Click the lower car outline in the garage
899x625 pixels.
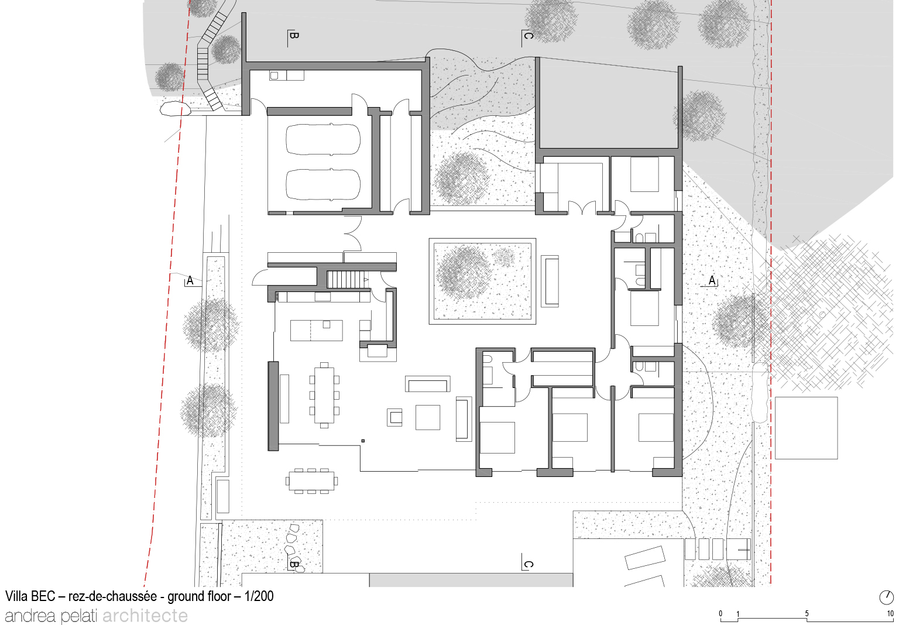click(x=322, y=185)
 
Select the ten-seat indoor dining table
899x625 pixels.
click(x=324, y=396)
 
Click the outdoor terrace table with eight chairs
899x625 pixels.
click(x=311, y=480)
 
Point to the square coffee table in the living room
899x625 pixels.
click(x=427, y=417)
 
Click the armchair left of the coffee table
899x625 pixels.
click(x=394, y=417)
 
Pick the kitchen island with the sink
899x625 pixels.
click(x=316, y=330)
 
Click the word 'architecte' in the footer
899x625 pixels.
click(x=145, y=616)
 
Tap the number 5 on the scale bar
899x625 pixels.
click(x=807, y=613)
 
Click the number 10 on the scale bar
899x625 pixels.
click(x=890, y=613)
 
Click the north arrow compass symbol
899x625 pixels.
click(x=886, y=597)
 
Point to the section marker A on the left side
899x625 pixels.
click(x=190, y=280)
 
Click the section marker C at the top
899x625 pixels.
click(x=527, y=36)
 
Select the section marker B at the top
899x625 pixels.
click(x=293, y=36)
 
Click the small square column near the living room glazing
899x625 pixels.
click(x=363, y=441)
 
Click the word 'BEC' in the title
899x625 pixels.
click(x=42, y=596)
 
